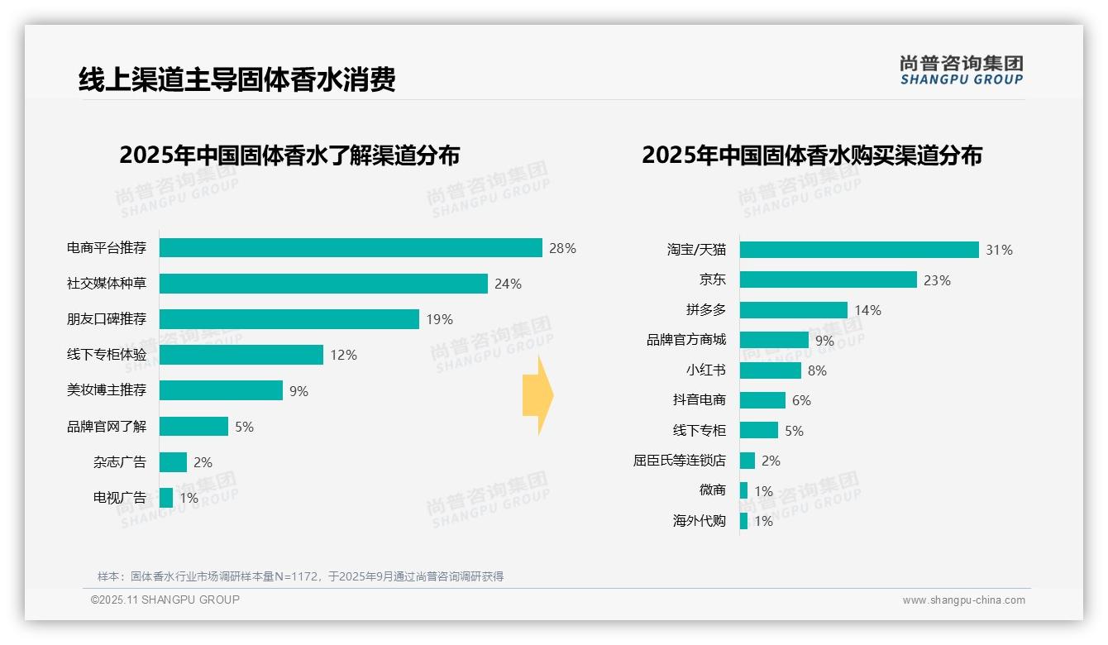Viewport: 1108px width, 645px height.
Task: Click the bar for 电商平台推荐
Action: click(351, 248)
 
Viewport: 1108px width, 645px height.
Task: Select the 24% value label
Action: click(508, 284)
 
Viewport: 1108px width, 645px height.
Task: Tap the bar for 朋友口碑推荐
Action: click(289, 319)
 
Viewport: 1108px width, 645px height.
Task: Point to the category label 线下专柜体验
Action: click(107, 355)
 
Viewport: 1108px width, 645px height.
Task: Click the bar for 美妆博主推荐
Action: click(221, 390)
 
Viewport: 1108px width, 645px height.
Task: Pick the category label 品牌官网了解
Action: click(107, 427)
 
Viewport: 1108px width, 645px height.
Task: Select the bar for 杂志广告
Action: click(173, 462)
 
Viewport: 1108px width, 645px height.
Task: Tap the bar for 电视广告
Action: click(166, 498)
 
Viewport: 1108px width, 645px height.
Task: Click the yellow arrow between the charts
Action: click(538, 396)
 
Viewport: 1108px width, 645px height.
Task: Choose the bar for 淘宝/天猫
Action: click(859, 250)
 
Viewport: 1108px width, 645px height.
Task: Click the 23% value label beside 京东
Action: click(937, 280)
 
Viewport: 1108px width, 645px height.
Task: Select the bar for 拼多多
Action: click(794, 310)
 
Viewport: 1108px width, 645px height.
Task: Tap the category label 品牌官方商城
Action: click(686, 340)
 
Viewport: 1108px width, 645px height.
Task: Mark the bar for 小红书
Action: click(771, 370)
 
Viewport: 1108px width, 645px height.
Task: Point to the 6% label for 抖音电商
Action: click(801, 400)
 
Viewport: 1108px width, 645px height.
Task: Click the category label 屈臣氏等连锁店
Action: click(680, 461)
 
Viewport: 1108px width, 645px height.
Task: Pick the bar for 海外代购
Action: click(743, 521)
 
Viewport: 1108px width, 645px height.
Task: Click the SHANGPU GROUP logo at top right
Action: click(962, 70)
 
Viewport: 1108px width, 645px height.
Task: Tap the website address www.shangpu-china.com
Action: click(963, 600)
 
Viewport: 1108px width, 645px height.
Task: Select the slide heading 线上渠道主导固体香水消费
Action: click(237, 79)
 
